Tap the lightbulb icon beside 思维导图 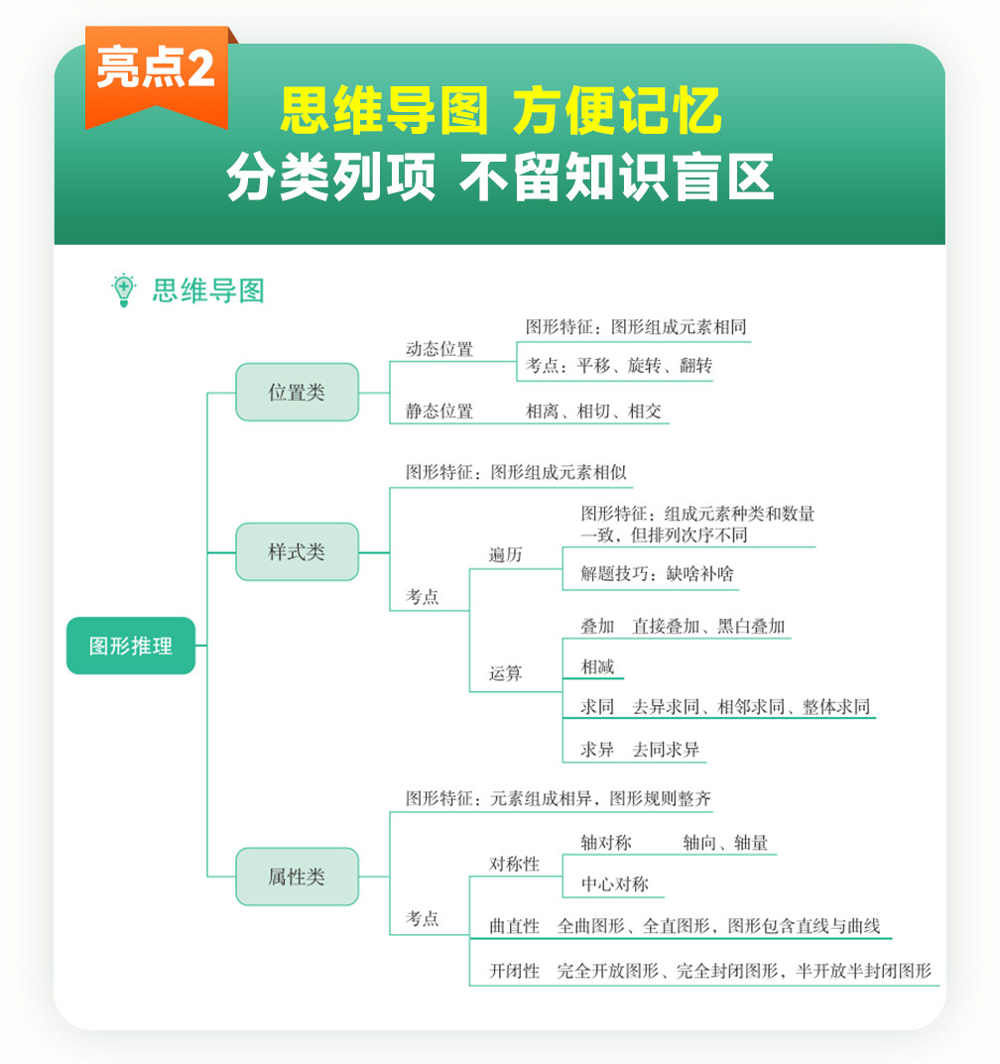pos(123,290)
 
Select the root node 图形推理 pos(131,647)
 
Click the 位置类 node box pos(297,393)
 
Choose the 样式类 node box pos(297,552)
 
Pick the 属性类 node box pos(297,877)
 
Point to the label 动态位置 pos(439,349)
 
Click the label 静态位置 pos(439,412)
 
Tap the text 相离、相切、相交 pos(593,412)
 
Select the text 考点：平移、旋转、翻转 pos(619,366)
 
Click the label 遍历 pos(505,555)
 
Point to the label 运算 pos(505,674)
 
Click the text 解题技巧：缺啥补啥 pos(657,575)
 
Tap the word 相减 pos(597,667)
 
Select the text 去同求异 pos(666,750)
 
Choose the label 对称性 pos(515,865)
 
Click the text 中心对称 pos(614,885)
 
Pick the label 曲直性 pos(515,926)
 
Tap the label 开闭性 pos(515,972)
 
